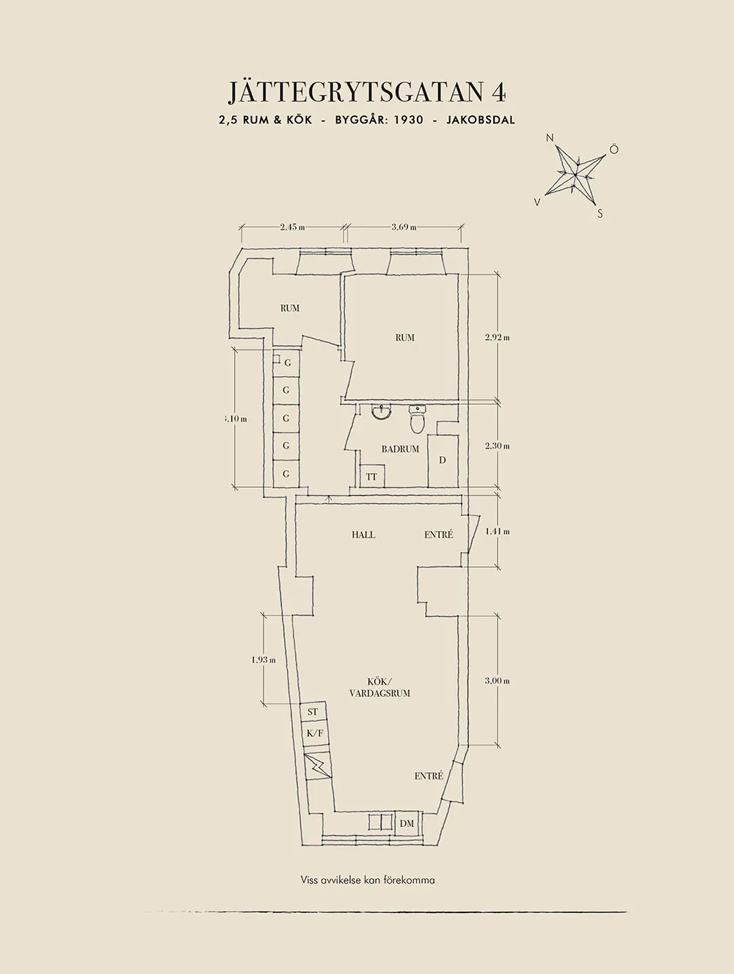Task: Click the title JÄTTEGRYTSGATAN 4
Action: [x=366, y=93]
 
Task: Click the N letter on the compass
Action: [x=550, y=138]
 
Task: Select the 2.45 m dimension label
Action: [x=292, y=227]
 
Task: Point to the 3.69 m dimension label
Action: [x=404, y=227]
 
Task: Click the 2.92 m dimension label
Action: [x=498, y=337]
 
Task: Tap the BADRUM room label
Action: [x=400, y=449]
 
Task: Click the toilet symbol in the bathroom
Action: [x=418, y=419]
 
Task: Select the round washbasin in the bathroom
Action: [x=382, y=412]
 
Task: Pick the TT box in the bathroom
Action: [x=372, y=476]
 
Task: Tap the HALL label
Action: [x=363, y=535]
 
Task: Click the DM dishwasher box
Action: [x=407, y=836]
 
